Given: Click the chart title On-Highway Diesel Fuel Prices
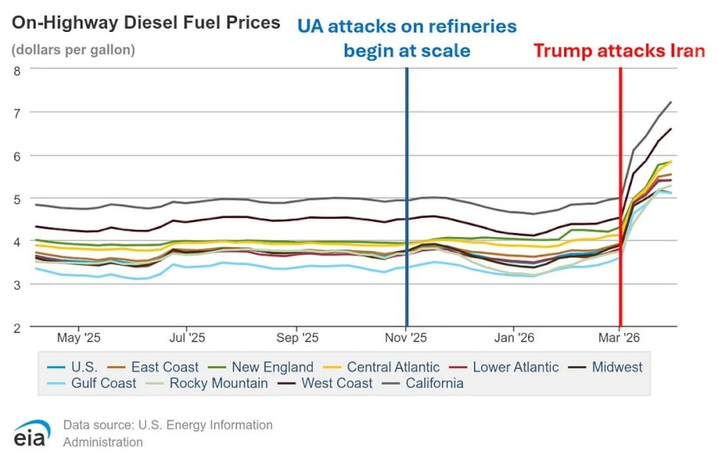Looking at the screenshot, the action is pos(146,23).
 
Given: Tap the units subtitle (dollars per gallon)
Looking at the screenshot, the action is pos(73,49).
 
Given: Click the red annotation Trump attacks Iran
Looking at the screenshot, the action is pos(619,51).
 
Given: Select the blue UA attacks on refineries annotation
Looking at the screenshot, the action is pos(407,38).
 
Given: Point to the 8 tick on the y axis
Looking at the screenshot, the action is pos(18,70).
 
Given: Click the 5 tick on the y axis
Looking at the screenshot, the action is pos(18,200).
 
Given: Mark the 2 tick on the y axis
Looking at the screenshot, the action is pos(18,328).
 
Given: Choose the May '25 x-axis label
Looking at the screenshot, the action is pos(79,338).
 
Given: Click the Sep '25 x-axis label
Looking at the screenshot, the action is pos(298,338).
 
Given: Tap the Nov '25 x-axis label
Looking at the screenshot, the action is pos(406,338).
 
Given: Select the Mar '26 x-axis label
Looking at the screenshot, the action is pos(619,338).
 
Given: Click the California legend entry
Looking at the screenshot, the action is pos(425,383).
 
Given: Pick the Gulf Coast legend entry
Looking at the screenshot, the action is pos(92,383).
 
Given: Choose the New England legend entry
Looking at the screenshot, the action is pos(261,367).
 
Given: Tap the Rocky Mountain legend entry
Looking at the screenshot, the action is pos(207,383).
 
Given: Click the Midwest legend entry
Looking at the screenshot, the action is pos(605,367).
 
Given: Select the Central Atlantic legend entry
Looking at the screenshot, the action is pos(381,367).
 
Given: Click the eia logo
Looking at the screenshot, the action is pos(31,433).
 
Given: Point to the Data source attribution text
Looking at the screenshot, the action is pos(168,433).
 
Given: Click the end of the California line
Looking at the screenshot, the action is pos(671,101).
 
